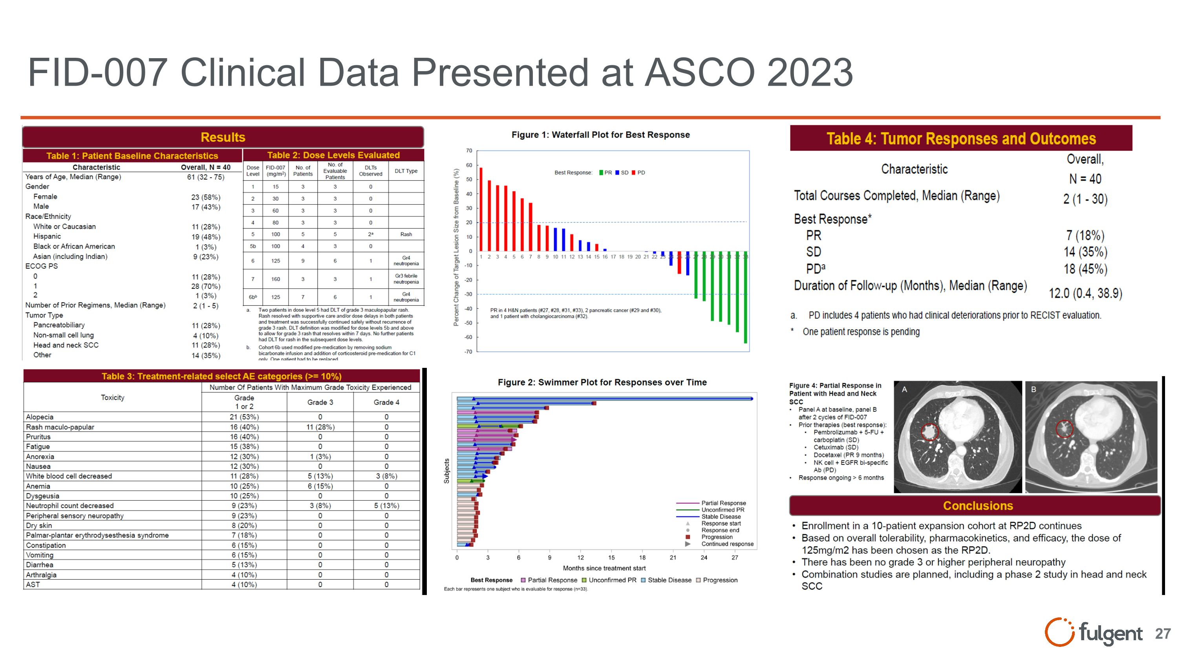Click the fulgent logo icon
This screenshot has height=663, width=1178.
coord(1059,632)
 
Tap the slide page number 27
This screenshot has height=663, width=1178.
coord(1162,634)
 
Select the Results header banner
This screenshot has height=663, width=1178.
coord(223,137)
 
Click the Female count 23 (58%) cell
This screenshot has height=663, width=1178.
coord(205,197)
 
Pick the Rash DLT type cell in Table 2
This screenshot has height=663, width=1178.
coord(406,234)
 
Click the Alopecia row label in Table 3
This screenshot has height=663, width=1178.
coord(40,417)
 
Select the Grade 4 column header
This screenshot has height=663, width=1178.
coord(386,402)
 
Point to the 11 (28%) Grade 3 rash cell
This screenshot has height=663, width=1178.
coord(320,427)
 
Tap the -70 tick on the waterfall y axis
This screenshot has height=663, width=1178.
coord(468,352)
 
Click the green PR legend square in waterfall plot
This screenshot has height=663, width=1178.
coord(601,173)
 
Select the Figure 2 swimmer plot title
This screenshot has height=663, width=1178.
coord(602,382)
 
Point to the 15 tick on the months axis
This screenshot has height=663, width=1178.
coord(611,557)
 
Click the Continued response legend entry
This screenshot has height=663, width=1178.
coord(727,544)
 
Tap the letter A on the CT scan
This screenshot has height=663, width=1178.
coord(904,389)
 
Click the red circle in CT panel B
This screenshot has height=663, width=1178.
coord(1064,429)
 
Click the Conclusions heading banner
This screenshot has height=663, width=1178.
coord(978,505)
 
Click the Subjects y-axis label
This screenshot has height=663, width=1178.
coord(446,471)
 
